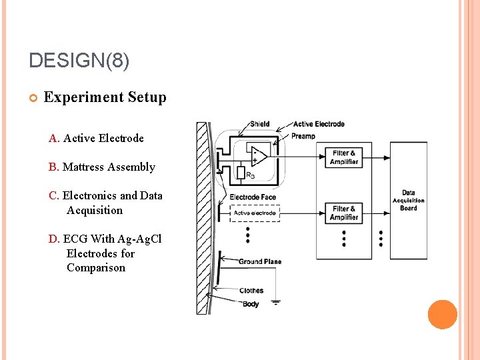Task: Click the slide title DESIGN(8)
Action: [79, 61]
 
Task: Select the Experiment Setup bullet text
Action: [105, 97]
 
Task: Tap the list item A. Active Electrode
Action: [96, 139]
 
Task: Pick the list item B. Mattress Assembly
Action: [102, 167]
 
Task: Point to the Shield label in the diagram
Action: [260, 124]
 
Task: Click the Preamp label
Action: [304, 136]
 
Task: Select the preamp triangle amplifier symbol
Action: [257, 156]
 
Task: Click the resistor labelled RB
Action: [241, 173]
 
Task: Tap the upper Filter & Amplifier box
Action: [343, 157]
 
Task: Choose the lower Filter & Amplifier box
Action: [343, 213]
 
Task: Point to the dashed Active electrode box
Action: [254, 213]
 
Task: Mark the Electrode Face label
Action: [253, 197]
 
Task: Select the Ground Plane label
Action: [259, 261]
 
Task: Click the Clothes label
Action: [251, 291]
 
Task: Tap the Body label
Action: [251, 304]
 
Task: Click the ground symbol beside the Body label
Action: [275, 302]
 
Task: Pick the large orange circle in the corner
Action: [442, 315]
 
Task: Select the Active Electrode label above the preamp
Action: [319, 124]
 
